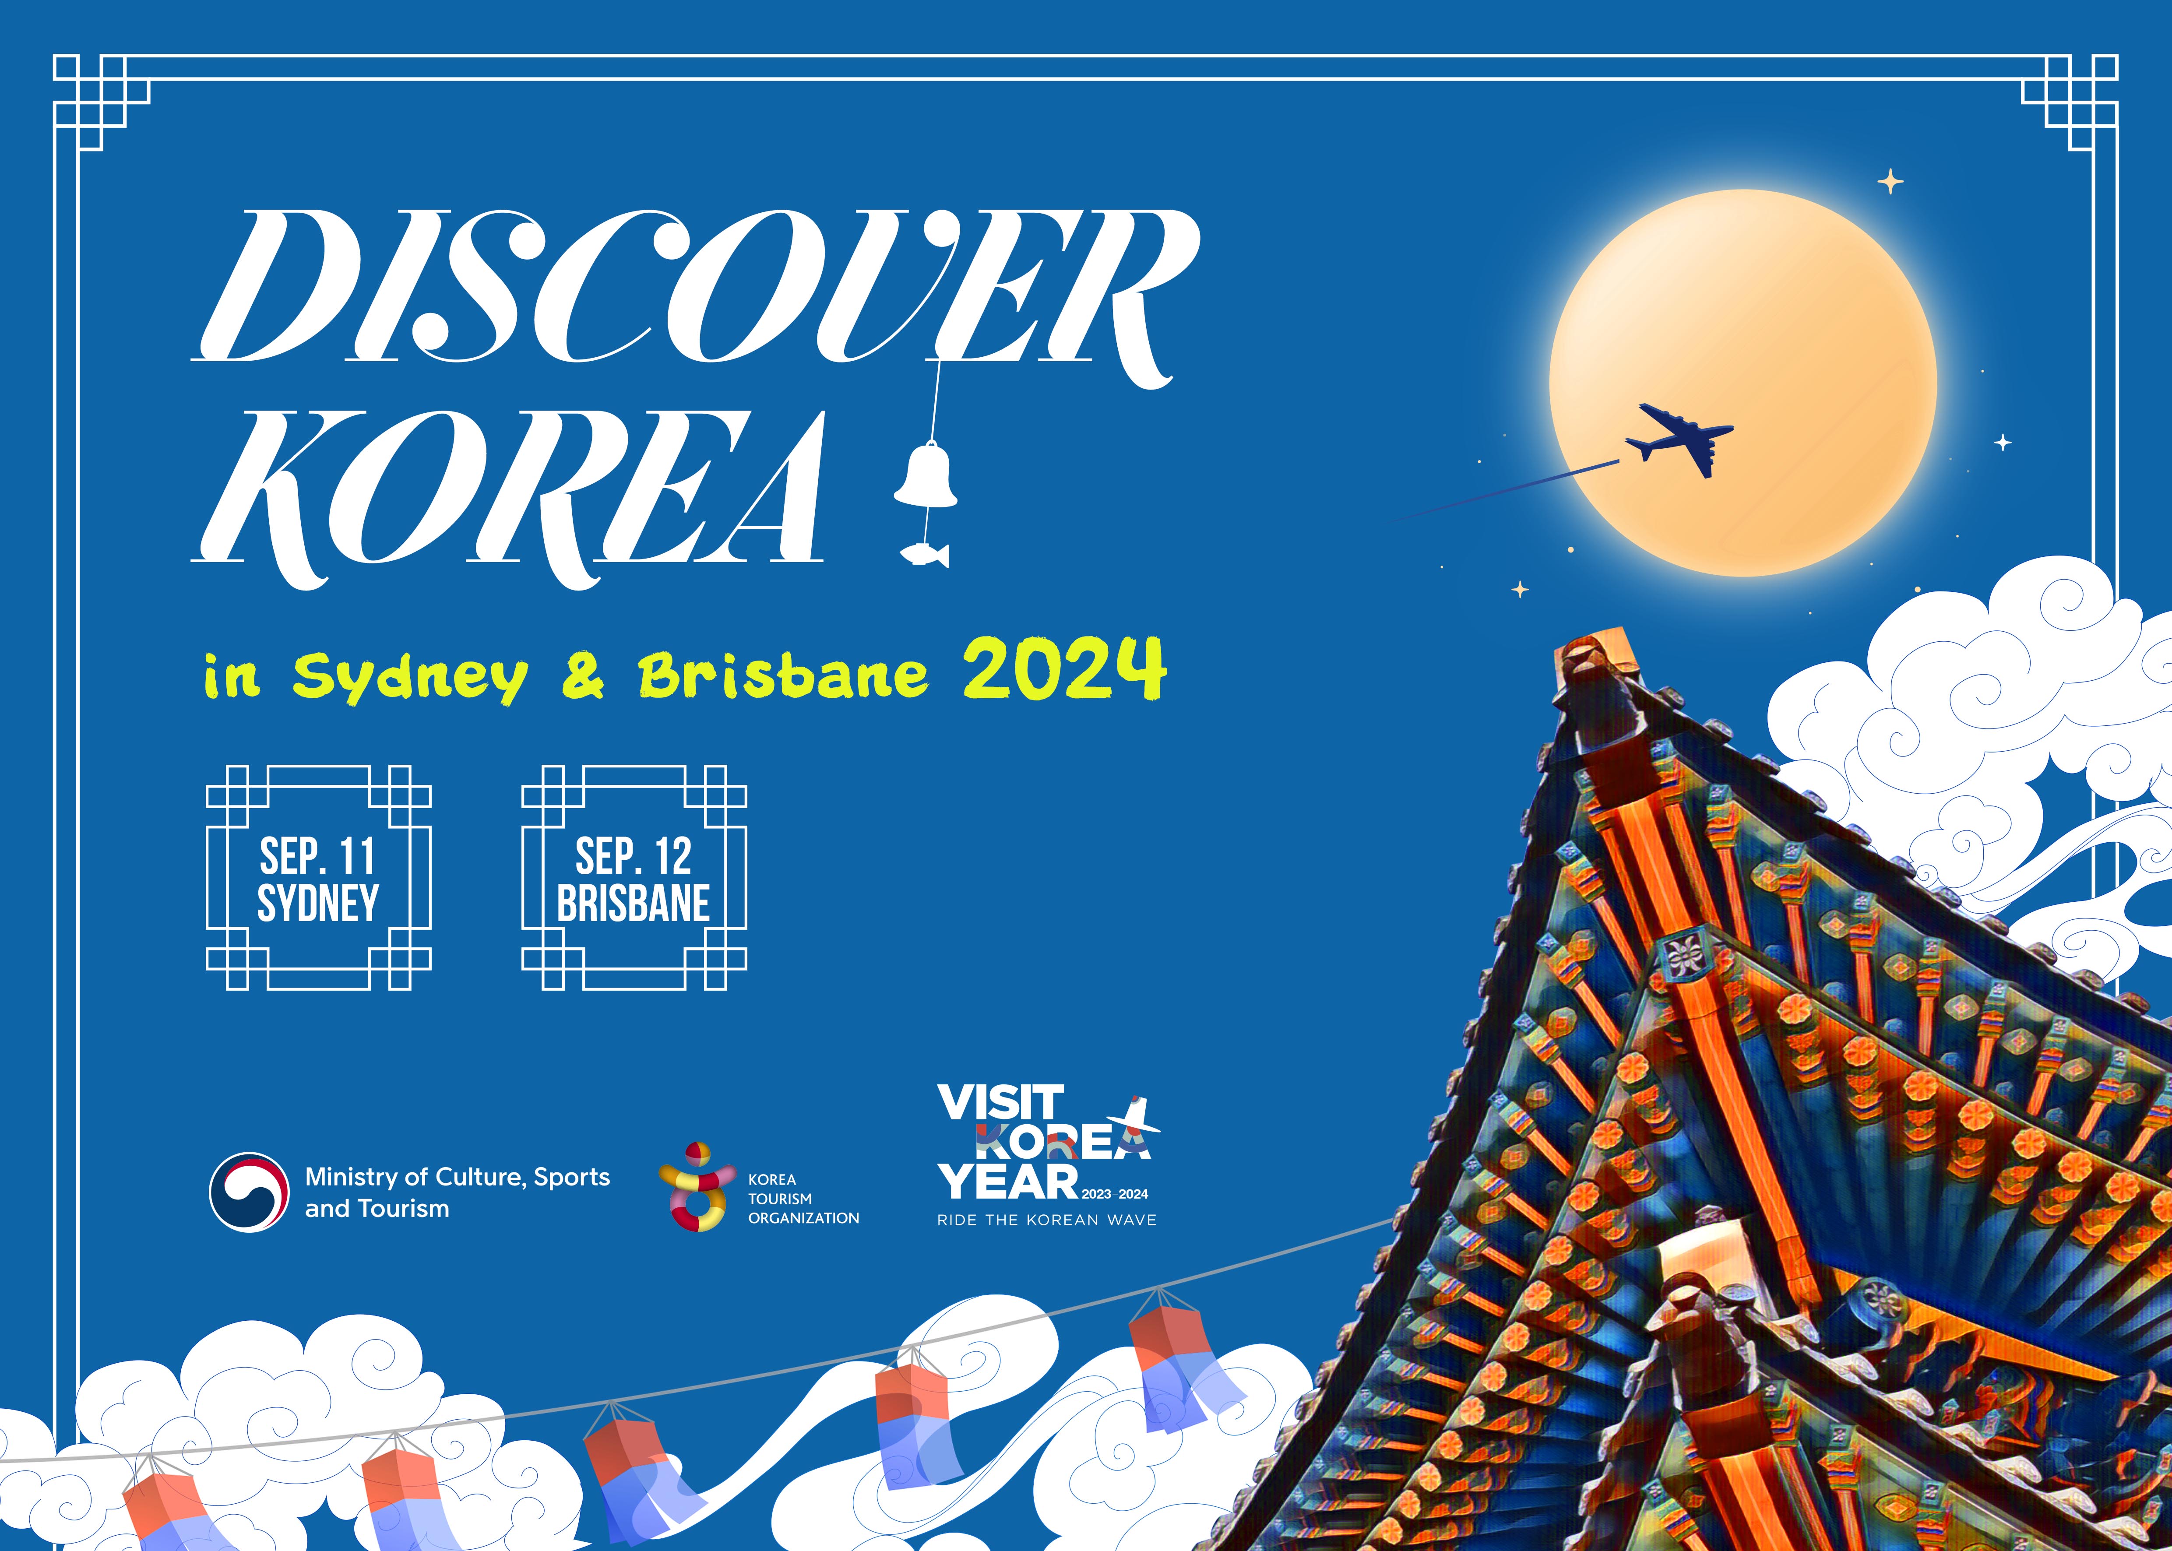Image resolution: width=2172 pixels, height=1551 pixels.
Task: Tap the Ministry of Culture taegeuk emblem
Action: click(x=248, y=1192)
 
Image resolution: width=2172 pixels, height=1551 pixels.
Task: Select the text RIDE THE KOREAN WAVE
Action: click(x=1047, y=1220)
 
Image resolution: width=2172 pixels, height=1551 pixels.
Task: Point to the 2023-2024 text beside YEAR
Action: click(x=1115, y=1194)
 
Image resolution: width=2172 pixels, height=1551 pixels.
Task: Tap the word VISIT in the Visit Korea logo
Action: click(x=1000, y=1102)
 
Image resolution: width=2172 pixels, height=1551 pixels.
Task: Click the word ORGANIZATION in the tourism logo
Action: click(x=803, y=1218)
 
